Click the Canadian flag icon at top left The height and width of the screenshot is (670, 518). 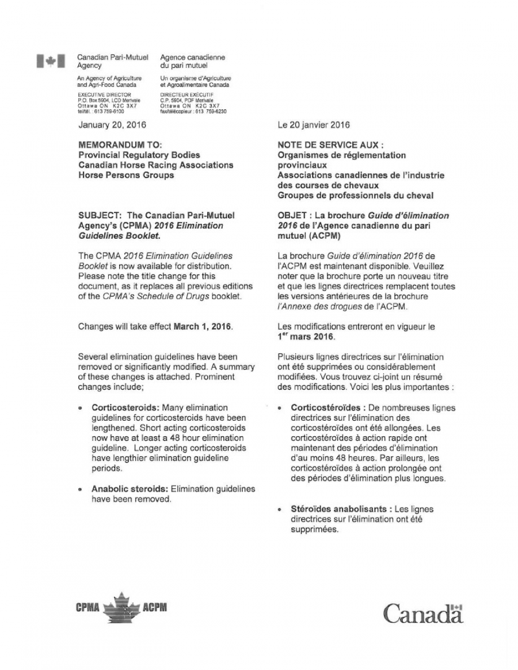(49, 62)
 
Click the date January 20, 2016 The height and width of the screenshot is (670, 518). (112, 124)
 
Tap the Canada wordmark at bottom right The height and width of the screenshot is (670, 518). (423, 613)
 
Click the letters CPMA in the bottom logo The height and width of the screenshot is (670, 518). (88, 607)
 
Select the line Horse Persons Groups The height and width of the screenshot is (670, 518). (125, 174)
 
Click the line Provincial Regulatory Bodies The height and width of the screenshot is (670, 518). (139, 155)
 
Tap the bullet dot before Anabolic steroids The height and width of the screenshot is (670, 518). (81, 489)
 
